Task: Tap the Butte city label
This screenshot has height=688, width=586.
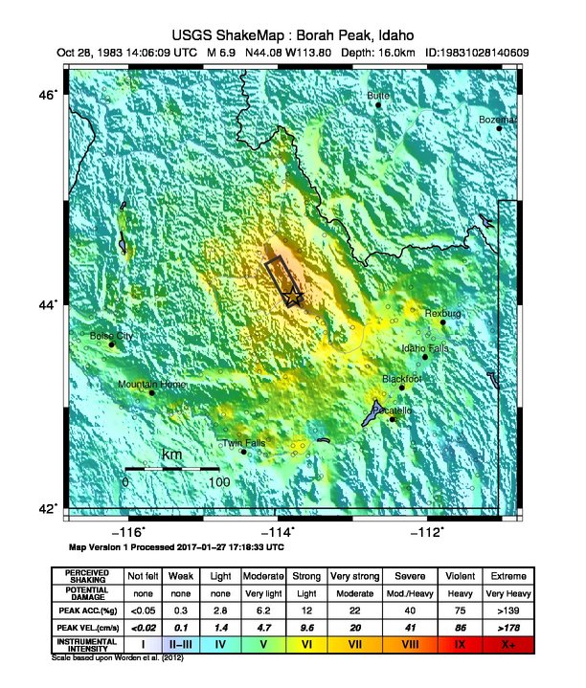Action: pos(379,96)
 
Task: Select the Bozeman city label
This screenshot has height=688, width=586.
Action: pos(498,120)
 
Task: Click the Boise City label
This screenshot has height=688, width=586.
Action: pos(112,336)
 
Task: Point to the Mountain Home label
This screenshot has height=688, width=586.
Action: pos(151,385)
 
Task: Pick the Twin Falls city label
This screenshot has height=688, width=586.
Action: pos(243,443)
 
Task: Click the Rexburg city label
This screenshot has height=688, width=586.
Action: pos(443,314)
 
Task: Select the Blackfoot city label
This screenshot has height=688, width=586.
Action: pos(402,379)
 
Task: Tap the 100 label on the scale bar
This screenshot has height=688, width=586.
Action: pos(218,482)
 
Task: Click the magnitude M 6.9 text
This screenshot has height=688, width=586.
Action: pos(206,52)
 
